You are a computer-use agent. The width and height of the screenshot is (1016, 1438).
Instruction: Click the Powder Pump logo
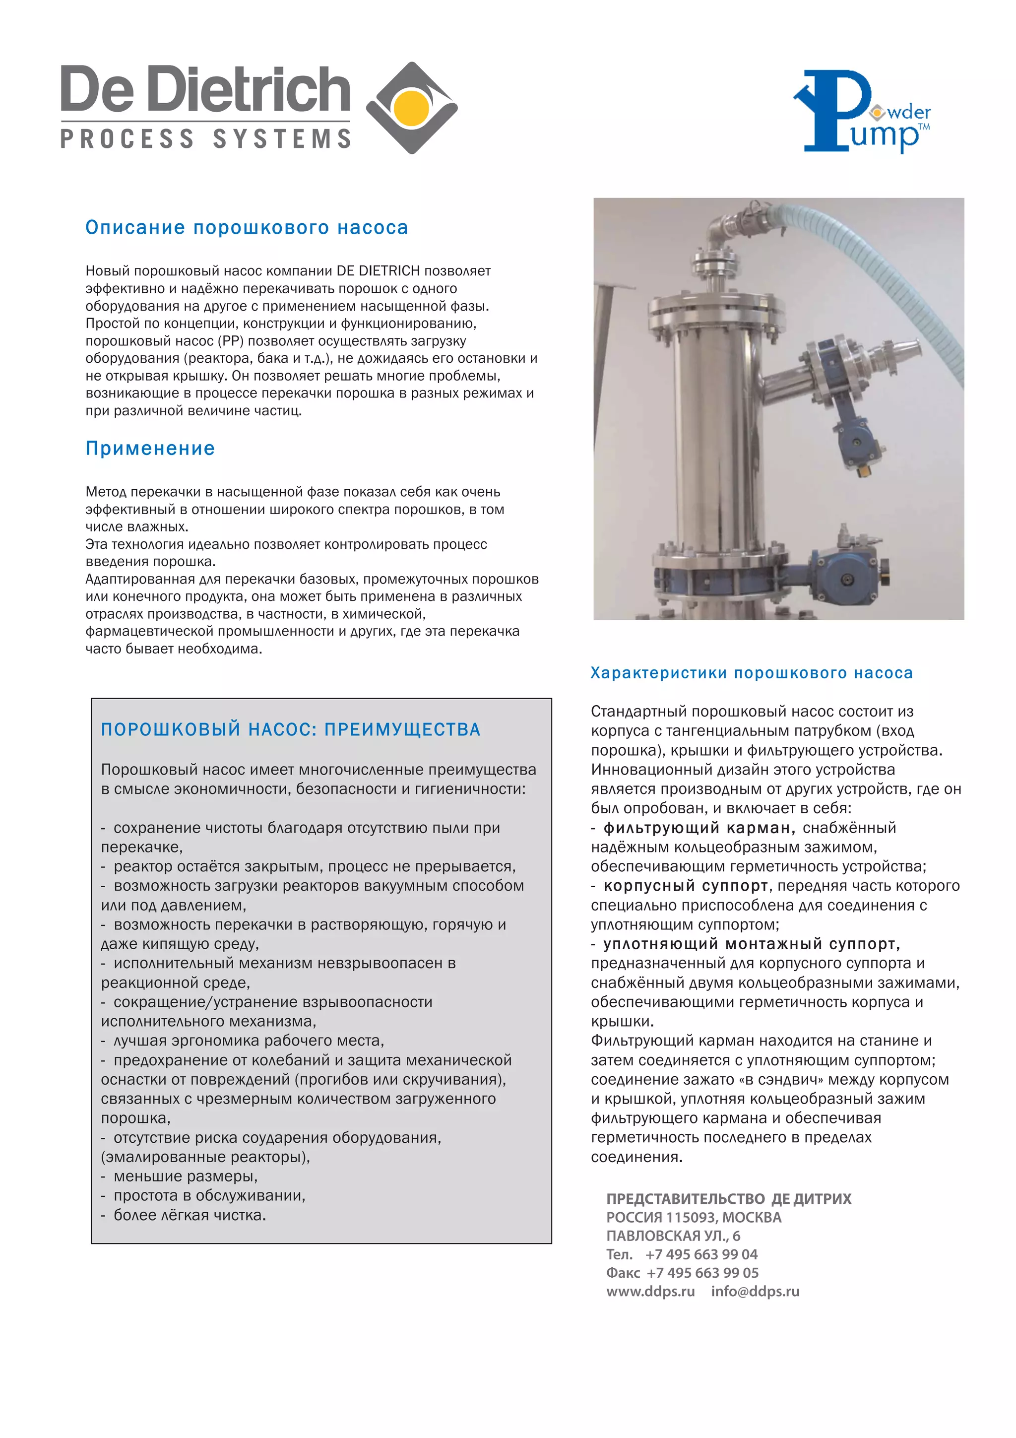tap(861, 112)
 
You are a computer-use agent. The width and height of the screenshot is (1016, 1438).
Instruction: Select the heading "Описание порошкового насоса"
tap(247, 227)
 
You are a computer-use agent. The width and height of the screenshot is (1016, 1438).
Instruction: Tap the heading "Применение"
tap(150, 449)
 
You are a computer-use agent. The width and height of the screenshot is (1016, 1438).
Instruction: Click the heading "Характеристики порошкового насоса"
tap(751, 673)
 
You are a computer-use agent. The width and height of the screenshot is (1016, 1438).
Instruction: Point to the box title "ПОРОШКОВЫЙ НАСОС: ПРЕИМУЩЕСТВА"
tap(291, 729)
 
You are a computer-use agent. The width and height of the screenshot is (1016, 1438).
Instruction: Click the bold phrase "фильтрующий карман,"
tap(699, 828)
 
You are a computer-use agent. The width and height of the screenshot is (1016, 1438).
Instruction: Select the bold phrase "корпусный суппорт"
tap(686, 886)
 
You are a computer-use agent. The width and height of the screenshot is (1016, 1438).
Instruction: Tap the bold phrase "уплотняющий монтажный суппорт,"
tap(751, 944)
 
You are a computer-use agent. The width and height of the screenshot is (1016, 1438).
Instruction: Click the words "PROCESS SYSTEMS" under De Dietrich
tap(206, 139)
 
